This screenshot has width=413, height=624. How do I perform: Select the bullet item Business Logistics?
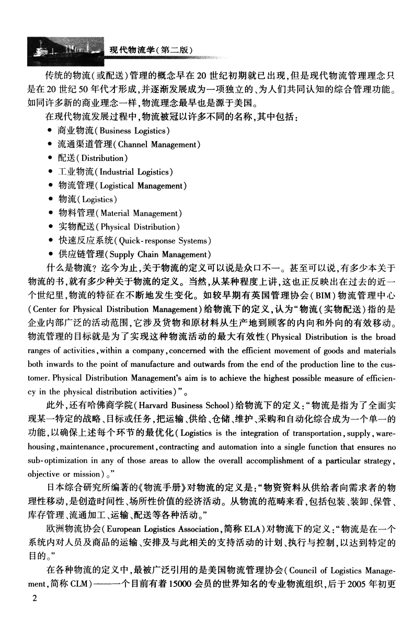click(116, 131)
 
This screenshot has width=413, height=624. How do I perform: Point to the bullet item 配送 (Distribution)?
click(95, 158)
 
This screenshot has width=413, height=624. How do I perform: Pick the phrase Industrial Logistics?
click(134, 171)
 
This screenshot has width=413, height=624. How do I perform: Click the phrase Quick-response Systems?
click(164, 241)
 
